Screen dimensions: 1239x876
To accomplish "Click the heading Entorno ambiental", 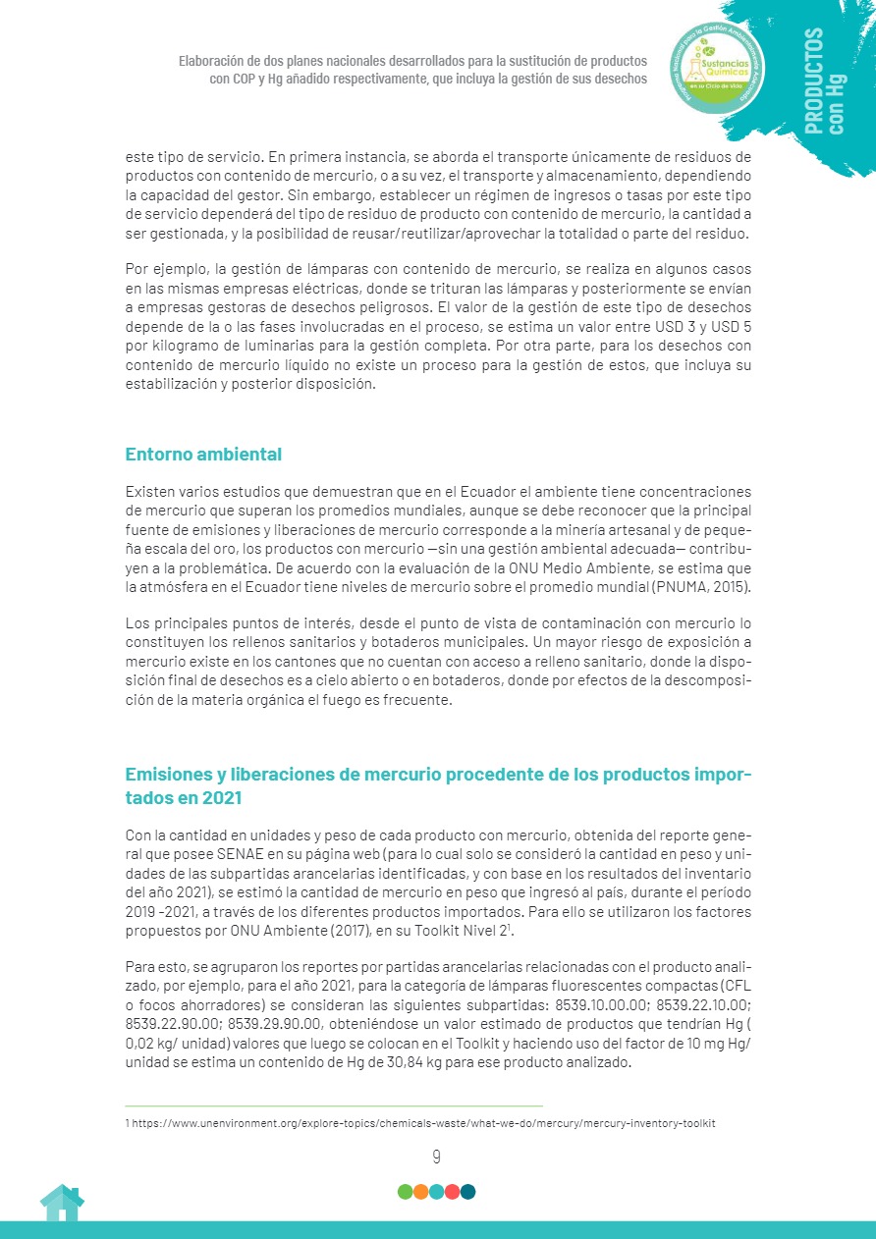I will tap(203, 455).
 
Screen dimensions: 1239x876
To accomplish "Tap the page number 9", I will tap(436, 1157).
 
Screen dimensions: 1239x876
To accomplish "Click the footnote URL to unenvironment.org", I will tap(431, 1121).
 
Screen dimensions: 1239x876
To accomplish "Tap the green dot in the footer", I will tap(405, 1192).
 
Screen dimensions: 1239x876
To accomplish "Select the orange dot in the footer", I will tap(420, 1192).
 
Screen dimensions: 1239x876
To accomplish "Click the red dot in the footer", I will tap(452, 1192).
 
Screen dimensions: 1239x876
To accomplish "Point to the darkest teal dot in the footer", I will tap(468, 1192).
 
